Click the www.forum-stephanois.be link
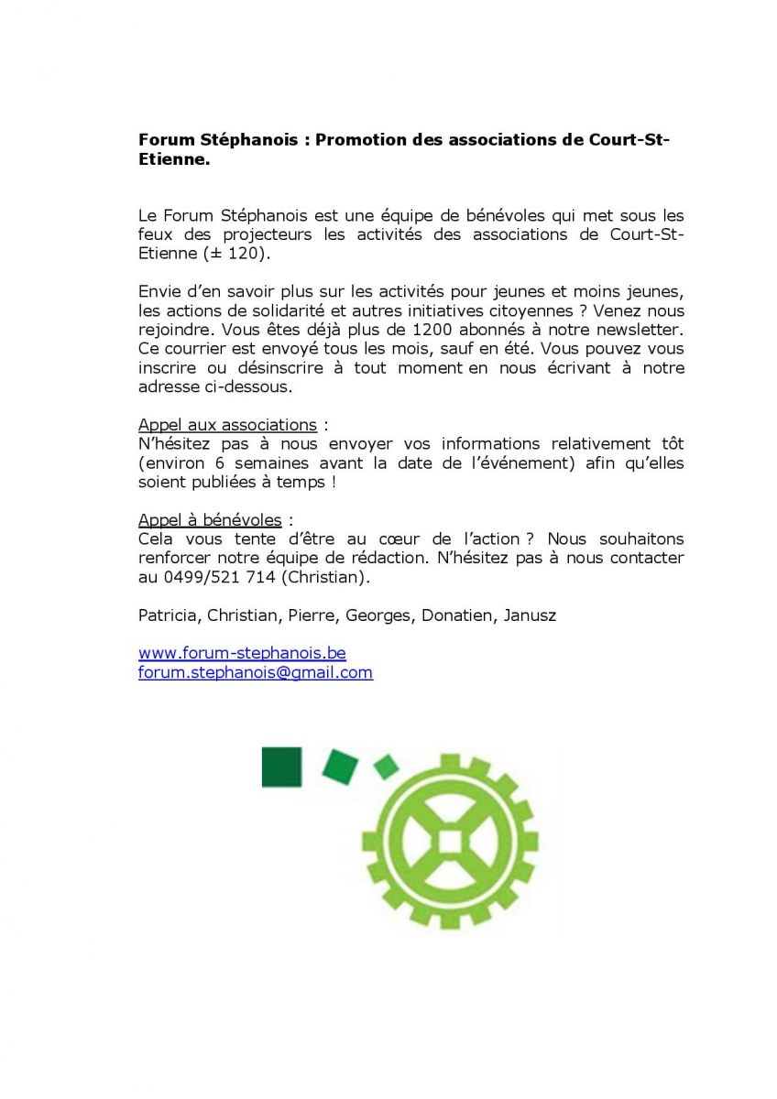click(242, 653)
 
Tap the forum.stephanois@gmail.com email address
click(256, 672)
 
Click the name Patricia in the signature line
click(169, 615)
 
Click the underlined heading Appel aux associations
click(227, 425)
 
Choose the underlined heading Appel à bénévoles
click(210, 520)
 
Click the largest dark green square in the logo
click(281, 767)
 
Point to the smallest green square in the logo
click(387, 766)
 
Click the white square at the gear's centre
click(450, 841)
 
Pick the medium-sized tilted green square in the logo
click(340, 766)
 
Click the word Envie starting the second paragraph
click(159, 291)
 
